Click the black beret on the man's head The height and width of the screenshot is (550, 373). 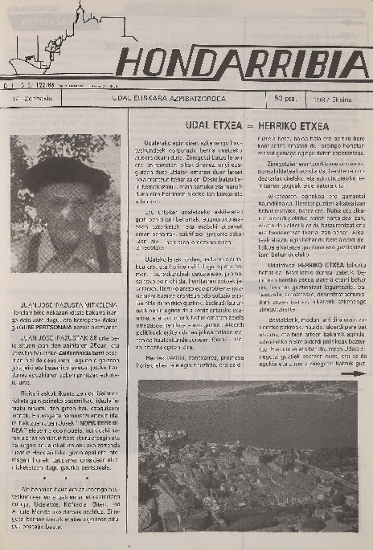click(x=67, y=171)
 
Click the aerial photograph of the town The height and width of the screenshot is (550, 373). click(x=248, y=455)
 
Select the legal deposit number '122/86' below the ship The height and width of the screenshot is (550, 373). click(x=52, y=81)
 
